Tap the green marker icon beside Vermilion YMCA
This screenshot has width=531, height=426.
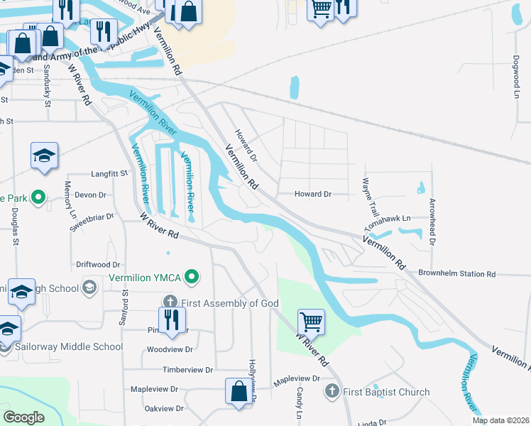(190, 276)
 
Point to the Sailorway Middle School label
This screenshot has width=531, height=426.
(69, 347)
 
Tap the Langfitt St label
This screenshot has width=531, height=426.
(109, 173)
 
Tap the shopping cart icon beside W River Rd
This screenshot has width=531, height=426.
(311, 322)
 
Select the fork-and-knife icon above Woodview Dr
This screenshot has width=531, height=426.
(170, 319)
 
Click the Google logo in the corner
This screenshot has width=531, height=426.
(23, 417)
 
